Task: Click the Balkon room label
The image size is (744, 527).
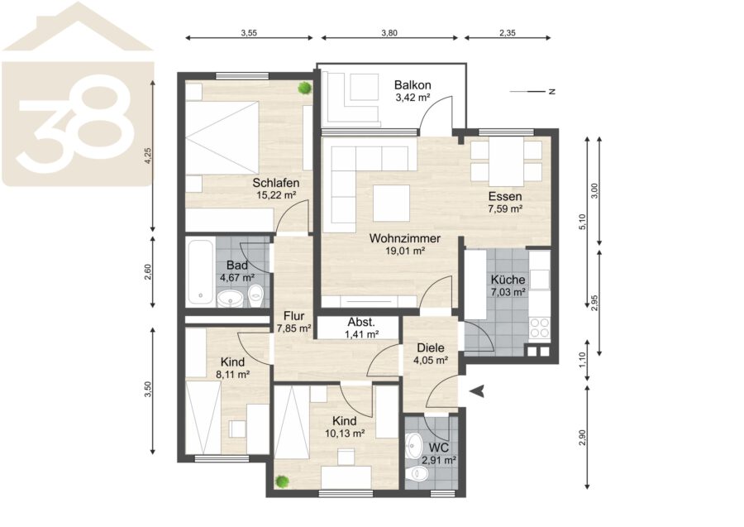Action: pos(413,85)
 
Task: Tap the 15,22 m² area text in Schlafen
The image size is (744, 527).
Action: pos(276,194)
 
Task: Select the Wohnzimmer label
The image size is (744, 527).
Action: pos(405,238)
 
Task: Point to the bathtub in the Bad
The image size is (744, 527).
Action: pos(200,272)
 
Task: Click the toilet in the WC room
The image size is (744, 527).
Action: pos(418,473)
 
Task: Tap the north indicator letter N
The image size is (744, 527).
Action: pos(551,92)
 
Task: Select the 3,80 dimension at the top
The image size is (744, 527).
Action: pos(389,33)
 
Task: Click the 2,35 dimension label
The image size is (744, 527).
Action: pos(508,33)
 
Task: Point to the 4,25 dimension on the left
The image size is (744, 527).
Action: pos(148,156)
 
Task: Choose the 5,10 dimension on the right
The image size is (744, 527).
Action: pos(583,222)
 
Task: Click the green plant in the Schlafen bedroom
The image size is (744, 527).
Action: pos(304,88)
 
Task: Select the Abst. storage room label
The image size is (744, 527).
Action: pos(361,323)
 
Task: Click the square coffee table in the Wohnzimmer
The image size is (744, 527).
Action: pos(392,203)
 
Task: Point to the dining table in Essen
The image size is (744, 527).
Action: pos(506,161)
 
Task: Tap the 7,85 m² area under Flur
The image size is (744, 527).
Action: pos(293,328)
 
